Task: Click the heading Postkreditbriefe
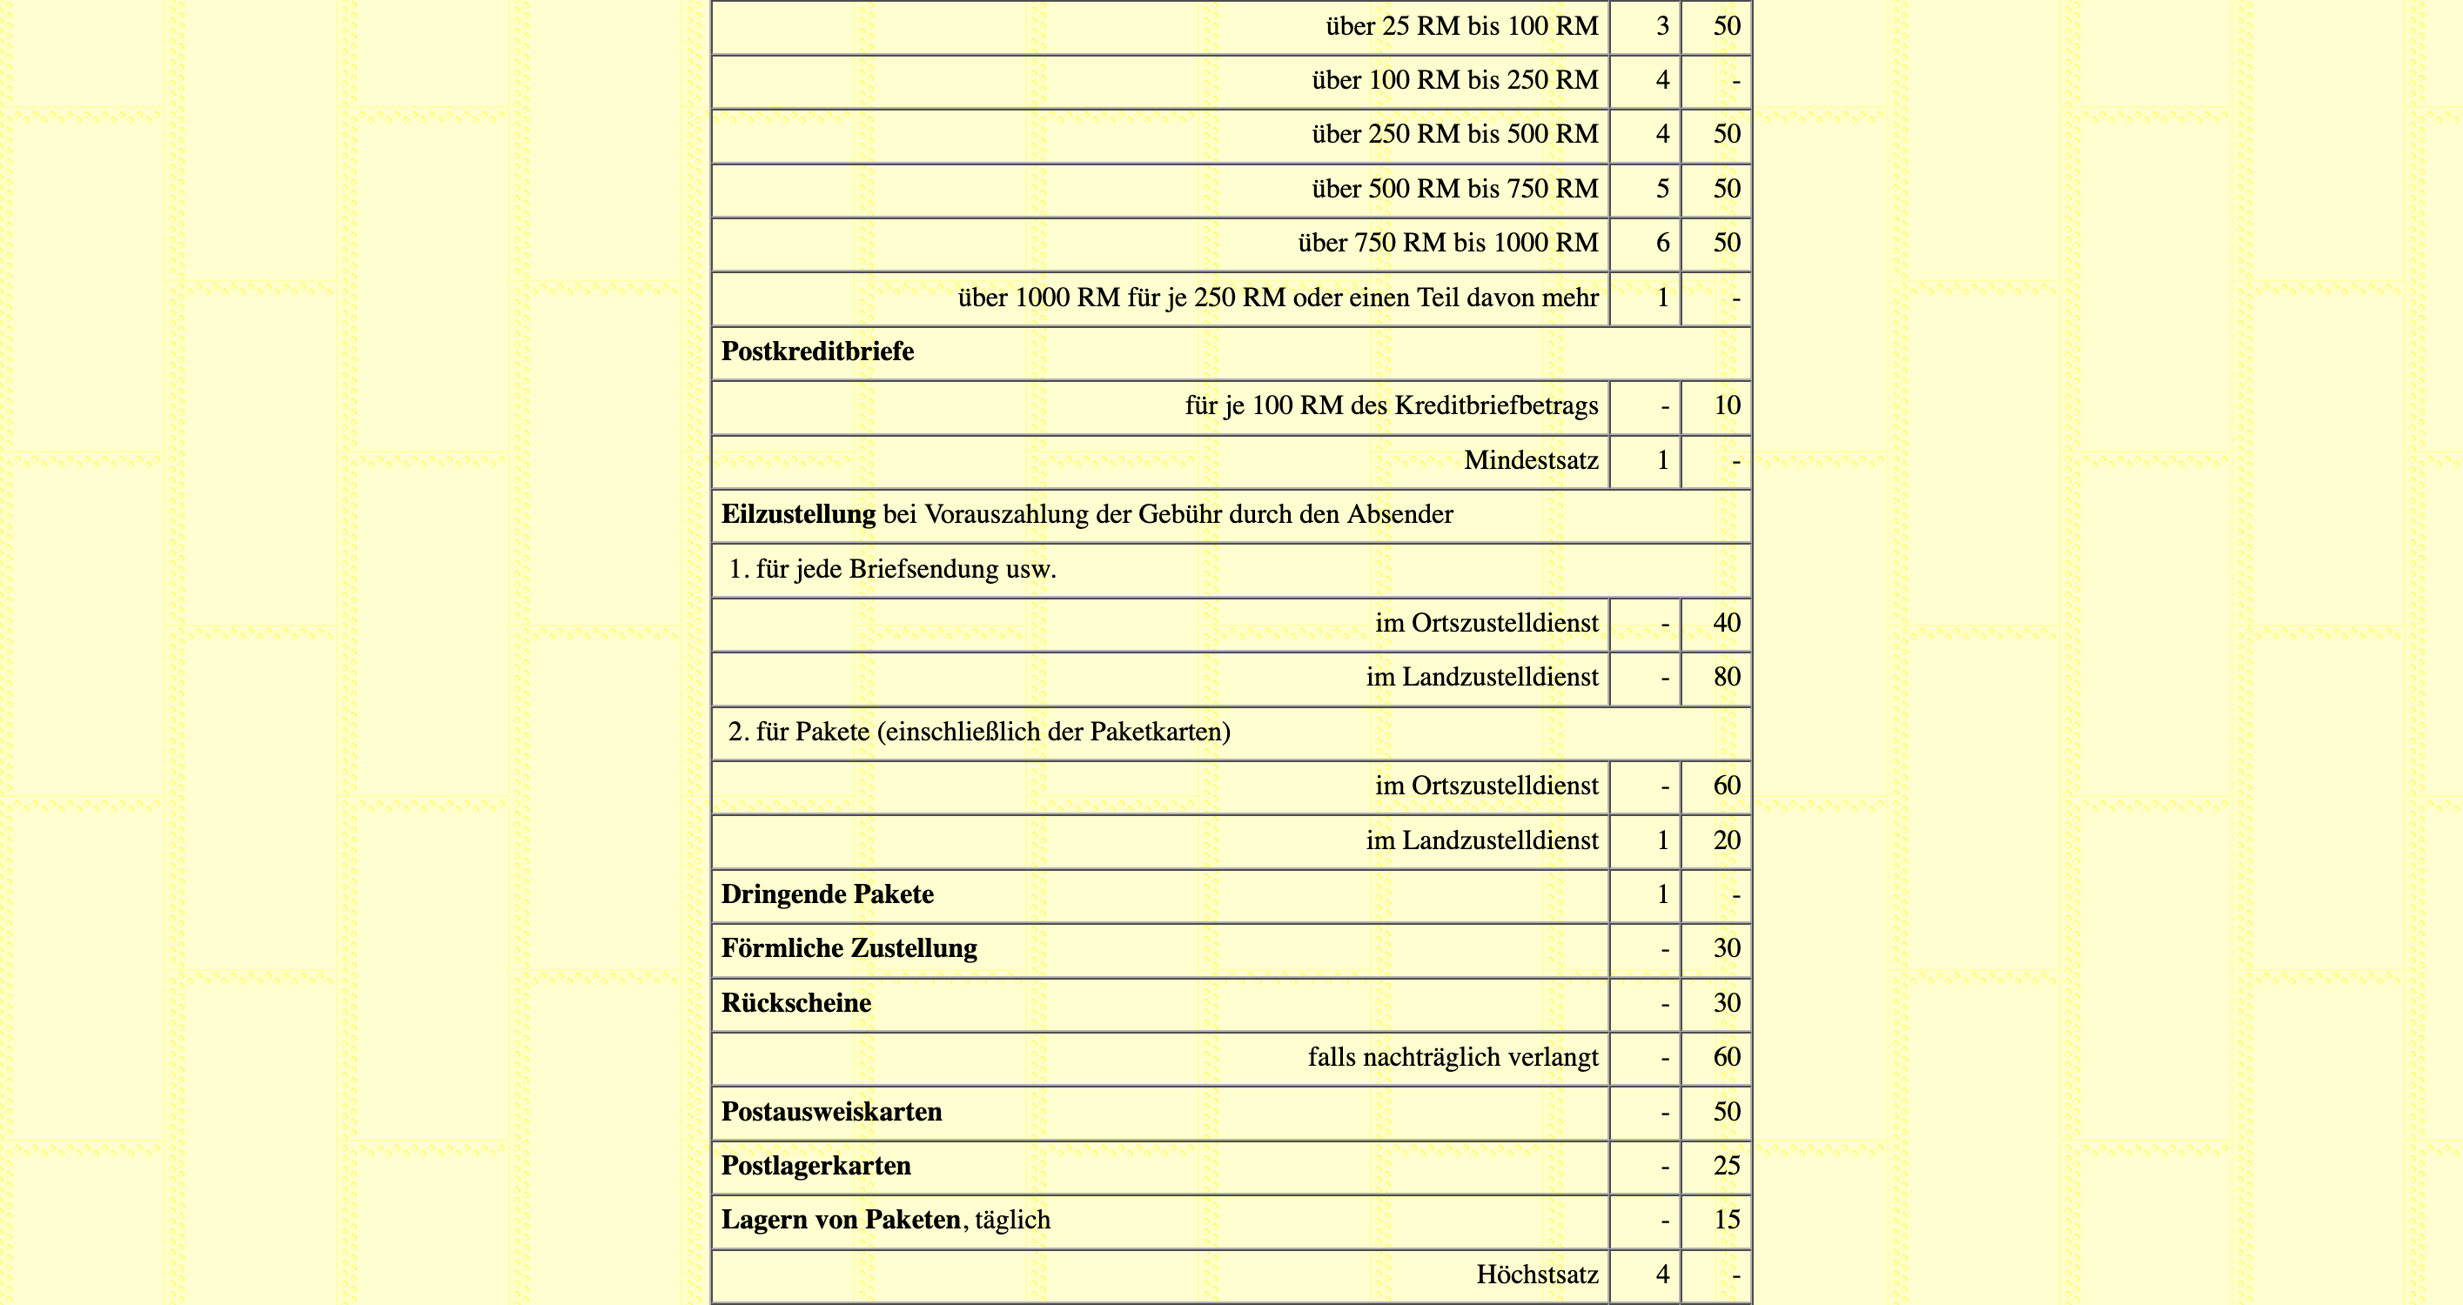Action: (x=816, y=351)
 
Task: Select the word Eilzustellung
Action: (x=797, y=514)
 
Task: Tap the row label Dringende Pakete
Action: (x=827, y=893)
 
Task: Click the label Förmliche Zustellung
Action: (x=849, y=948)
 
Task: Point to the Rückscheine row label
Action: (x=795, y=1003)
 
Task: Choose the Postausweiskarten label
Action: (x=831, y=1112)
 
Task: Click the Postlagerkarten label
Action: (x=815, y=1166)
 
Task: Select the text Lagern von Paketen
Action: (x=841, y=1220)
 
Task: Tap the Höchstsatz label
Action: (x=1536, y=1275)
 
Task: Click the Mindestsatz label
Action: (x=1531, y=461)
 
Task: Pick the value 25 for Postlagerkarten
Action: (x=1726, y=1166)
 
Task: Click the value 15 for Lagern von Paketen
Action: (x=1726, y=1220)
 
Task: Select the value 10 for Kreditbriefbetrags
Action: (x=1726, y=405)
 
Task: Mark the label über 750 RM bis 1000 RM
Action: (x=1447, y=243)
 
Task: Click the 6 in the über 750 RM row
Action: (x=1661, y=243)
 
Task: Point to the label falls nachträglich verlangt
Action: (x=1453, y=1057)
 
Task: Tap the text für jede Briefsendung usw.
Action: (x=905, y=570)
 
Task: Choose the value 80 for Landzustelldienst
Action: (x=1726, y=677)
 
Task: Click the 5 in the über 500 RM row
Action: (x=1661, y=188)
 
